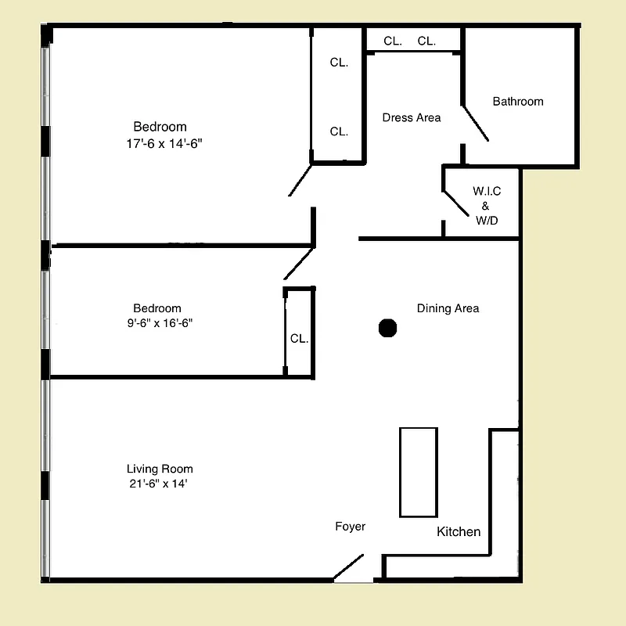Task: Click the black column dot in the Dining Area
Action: click(387, 328)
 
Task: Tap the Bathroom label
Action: click(517, 102)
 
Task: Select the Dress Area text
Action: click(411, 118)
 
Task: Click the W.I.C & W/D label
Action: click(486, 206)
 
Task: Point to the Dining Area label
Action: click(448, 308)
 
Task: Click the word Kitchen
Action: click(459, 532)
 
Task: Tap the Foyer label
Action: click(350, 527)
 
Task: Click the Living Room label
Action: click(160, 469)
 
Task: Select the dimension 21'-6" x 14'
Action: click(160, 484)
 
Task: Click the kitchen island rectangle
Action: click(418, 472)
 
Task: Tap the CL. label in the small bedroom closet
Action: click(299, 340)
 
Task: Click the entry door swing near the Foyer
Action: click(349, 567)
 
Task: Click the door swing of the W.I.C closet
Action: click(457, 202)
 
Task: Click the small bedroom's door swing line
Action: click(298, 264)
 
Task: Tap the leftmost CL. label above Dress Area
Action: click(392, 41)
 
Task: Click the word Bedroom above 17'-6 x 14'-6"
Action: click(160, 128)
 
